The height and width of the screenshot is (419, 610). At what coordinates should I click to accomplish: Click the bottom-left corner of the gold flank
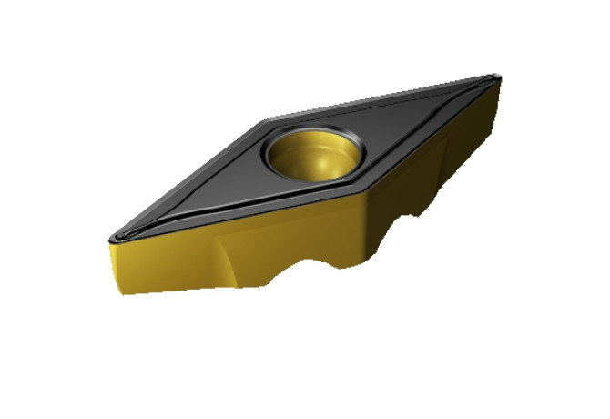(x=120, y=294)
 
